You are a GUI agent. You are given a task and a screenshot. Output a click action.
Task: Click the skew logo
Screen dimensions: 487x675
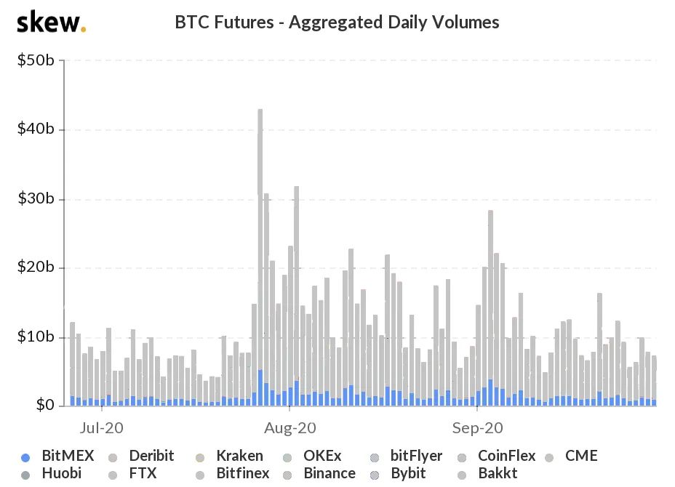click(51, 23)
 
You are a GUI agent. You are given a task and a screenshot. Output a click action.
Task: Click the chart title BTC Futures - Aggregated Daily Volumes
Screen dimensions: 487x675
click(337, 23)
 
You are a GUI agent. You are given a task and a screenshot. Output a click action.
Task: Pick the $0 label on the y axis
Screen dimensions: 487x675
click(44, 405)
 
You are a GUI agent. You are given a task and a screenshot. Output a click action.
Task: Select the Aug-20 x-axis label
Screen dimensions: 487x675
click(291, 427)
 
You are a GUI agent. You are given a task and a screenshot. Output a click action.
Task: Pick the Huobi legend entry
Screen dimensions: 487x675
click(62, 474)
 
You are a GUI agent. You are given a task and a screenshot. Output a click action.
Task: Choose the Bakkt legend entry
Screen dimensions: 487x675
click(498, 474)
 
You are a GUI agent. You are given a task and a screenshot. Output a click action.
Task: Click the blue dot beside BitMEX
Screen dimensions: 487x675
click(26, 457)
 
